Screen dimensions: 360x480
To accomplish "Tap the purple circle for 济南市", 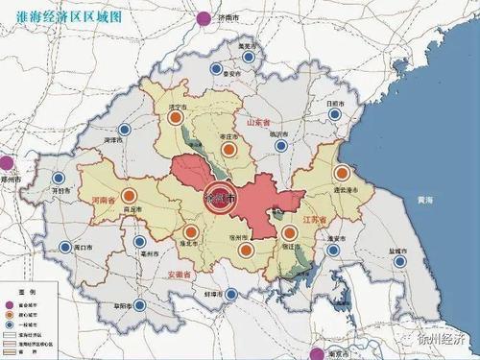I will pyautogui.click(x=203, y=17).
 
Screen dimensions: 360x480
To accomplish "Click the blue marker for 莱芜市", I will pyautogui.click(x=250, y=58).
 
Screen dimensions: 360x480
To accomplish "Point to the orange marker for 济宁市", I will pyautogui.click(x=176, y=118).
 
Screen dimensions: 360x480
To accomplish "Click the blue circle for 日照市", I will pyautogui.click(x=334, y=113).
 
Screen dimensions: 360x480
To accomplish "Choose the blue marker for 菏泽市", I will pyautogui.click(x=122, y=131).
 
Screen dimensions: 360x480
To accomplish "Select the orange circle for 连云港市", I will pyautogui.click(x=344, y=174).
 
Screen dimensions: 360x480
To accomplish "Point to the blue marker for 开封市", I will pyautogui.click(x=60, y=179).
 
